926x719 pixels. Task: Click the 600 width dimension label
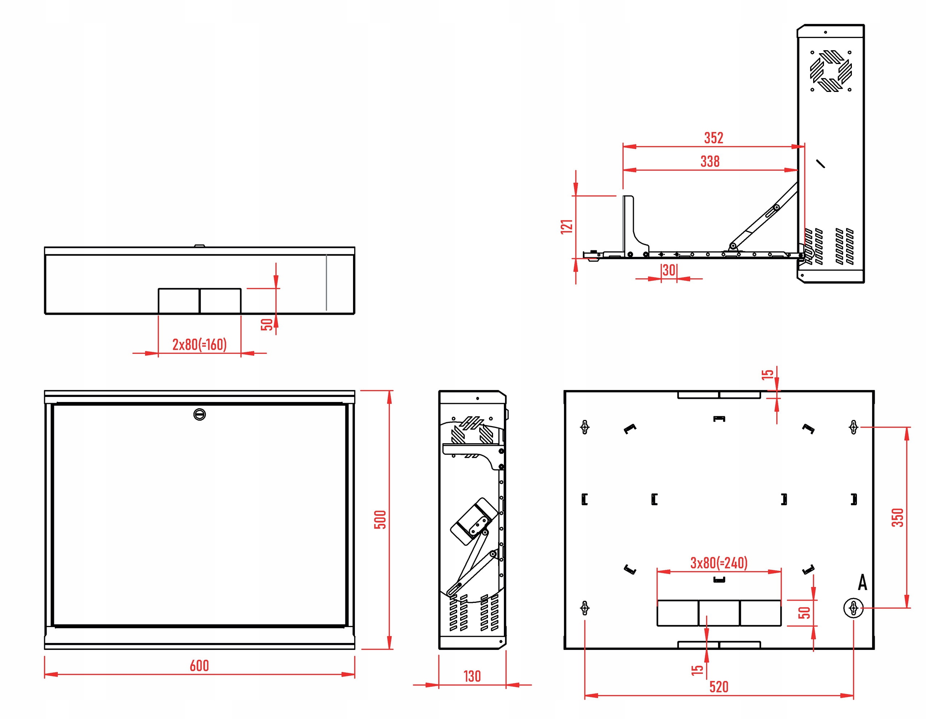click(x=199, y=665)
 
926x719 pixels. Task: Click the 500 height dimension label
click(x=380, y=519)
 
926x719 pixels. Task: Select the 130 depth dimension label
click(x=472, y=676)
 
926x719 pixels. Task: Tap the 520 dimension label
click(x=719, y=687)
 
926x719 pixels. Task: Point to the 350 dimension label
click(x=897, y=517)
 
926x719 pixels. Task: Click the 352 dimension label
click(x=714, y=138)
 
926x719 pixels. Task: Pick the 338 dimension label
click(x=710, y=162)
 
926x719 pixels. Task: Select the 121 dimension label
click(x=566, y=227)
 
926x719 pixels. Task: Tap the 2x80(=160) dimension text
click(x=199, y=344)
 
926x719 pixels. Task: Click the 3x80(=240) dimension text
click(x=719, y=563)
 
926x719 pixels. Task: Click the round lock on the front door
click(x=199, y=414)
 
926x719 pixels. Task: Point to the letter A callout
click(x=862, y=583)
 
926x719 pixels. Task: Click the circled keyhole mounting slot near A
click(x=854, y=609)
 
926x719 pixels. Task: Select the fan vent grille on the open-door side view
click(x=831, y=71)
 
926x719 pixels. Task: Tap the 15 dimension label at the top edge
click(x=768, y=374)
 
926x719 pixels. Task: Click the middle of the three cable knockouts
click(x=719, y=613)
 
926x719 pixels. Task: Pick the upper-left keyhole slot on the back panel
click(x=585, y=427)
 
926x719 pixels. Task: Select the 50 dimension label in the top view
click(x=267, y=325)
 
